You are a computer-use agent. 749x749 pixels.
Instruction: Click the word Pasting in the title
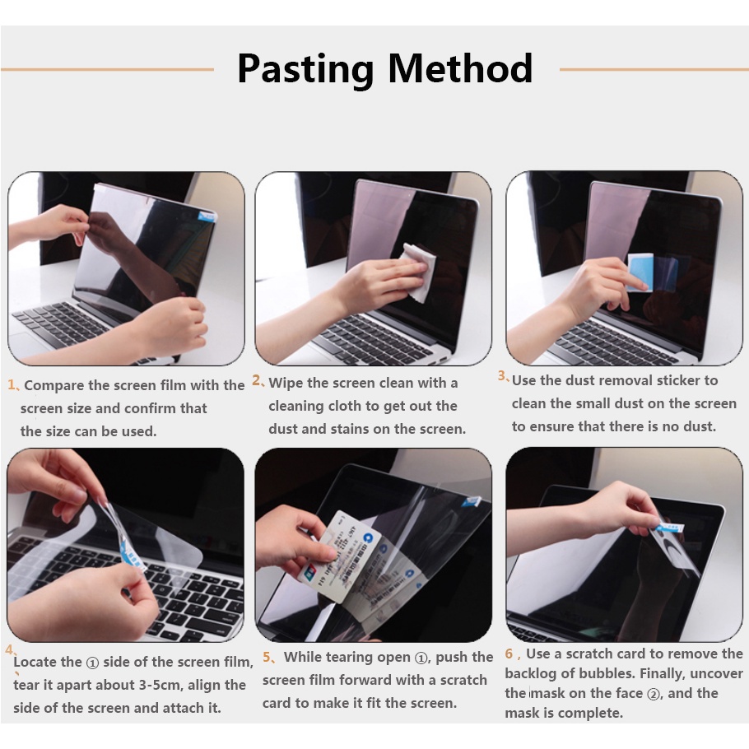click(305, 70)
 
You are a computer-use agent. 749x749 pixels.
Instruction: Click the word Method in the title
click(460, 68)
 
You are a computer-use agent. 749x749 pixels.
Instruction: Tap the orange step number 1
click(12, 384)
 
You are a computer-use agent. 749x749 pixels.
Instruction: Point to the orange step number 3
click(501, 376)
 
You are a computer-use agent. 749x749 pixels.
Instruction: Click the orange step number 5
click(266, 658)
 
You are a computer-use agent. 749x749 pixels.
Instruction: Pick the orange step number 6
click(509, 654)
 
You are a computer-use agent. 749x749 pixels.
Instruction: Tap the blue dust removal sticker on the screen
click(640, 272)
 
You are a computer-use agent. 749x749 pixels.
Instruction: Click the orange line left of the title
click(108, 69)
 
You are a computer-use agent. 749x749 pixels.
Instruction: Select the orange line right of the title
click(654, 69)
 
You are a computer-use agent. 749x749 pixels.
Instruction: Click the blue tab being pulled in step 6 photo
click(670, 528)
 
